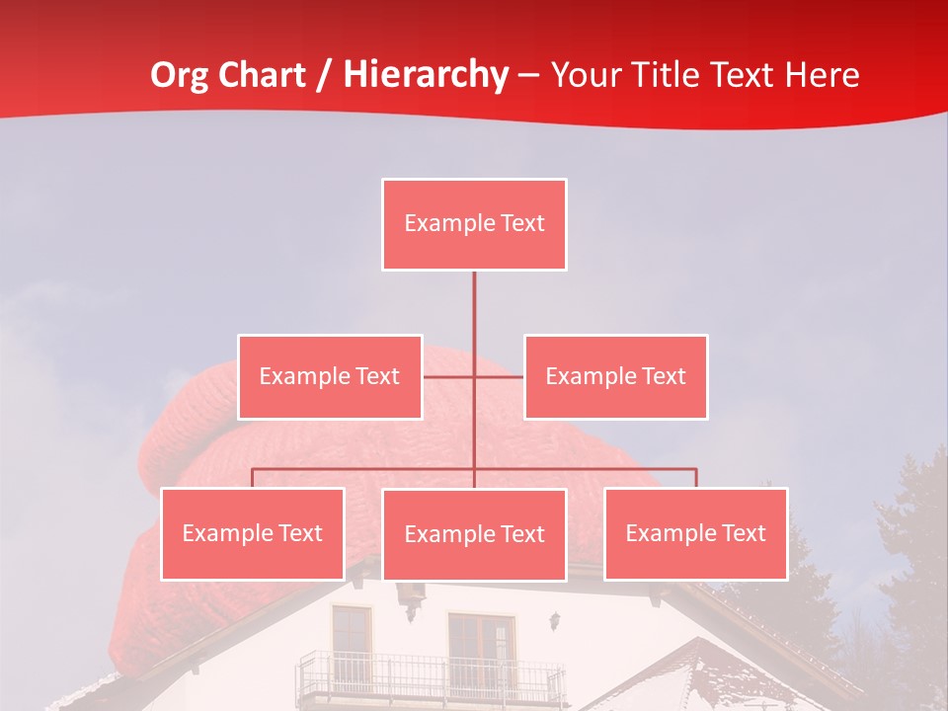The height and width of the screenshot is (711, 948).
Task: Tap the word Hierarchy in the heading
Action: [426, 75]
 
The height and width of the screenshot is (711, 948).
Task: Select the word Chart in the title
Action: [266, 75]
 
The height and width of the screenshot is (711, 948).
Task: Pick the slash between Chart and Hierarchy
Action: [324, 76]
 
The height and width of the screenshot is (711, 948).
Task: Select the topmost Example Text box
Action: [474, 224]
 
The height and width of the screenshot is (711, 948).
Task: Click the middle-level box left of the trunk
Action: [330, 376]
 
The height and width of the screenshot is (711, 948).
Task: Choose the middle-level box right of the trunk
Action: [615, 376]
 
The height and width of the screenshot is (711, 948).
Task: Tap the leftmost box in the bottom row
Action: [253, 533]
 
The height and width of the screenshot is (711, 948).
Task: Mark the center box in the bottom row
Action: [474, 534]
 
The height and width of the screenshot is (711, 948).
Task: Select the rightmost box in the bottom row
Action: [695, 533]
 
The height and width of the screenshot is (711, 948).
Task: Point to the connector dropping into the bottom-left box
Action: [253, 478]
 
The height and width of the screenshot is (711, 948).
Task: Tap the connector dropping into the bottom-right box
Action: [696, 478]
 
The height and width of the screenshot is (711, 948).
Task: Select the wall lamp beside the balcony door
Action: [556, 621]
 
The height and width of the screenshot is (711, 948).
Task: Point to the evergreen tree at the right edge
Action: [913, 553]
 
